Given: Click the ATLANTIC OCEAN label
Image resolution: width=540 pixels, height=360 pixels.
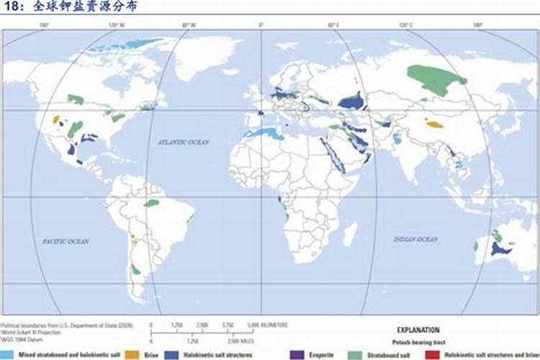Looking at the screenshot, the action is (184, 143).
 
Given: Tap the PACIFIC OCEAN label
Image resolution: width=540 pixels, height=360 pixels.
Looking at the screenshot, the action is (66, 241).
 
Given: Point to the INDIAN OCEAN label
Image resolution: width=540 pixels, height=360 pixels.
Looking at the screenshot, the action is (415, 238).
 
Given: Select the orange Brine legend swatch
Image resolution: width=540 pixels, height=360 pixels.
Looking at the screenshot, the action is (130, 354).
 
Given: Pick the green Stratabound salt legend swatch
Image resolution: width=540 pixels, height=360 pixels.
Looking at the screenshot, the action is (355, 354).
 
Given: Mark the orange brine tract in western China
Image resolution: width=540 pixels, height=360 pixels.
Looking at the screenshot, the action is (434, 124).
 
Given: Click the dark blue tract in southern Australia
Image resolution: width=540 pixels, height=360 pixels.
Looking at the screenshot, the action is (500, 248).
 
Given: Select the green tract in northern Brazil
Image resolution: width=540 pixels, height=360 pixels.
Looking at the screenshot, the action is (150, 203).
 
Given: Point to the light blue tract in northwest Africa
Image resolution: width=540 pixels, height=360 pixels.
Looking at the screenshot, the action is (262, 133).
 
